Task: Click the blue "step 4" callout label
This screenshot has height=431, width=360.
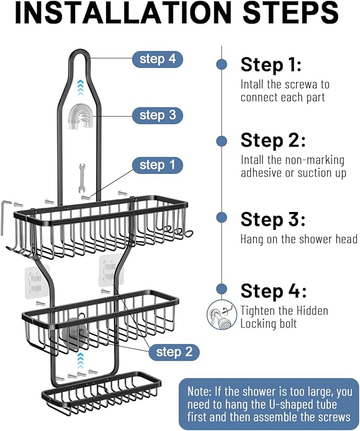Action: click(x=157, y=59)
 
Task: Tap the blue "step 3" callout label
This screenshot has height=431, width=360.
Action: click(x=157, y=115)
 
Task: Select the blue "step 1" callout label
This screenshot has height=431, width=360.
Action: click(x=157, y=165)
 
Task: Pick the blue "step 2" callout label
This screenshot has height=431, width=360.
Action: click(x=174, y=352)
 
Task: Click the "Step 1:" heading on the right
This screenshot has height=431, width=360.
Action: click(x=271, y=65)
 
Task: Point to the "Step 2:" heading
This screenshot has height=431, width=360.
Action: click(x=273, y=141)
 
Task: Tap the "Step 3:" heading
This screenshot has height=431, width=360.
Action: click(x=273, y=219)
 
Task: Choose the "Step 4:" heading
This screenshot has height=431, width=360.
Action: click(x=273, y=291)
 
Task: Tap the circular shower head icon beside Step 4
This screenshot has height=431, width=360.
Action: click(x=221, y=315)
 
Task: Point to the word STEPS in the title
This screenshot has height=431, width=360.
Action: click(x=286, y=14)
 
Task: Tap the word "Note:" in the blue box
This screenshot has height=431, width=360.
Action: click(x=200, y=391)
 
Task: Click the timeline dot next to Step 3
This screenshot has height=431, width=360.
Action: click(x=222, y=217)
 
